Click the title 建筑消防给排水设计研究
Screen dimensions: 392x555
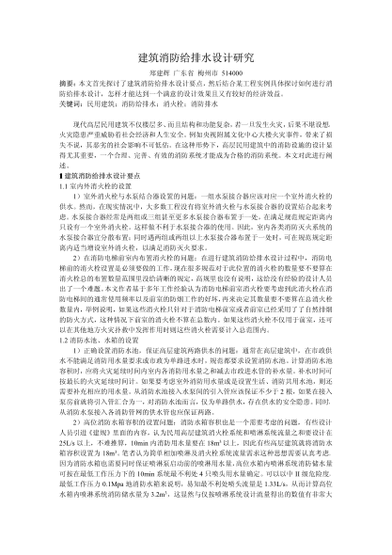(x=196, y=58)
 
